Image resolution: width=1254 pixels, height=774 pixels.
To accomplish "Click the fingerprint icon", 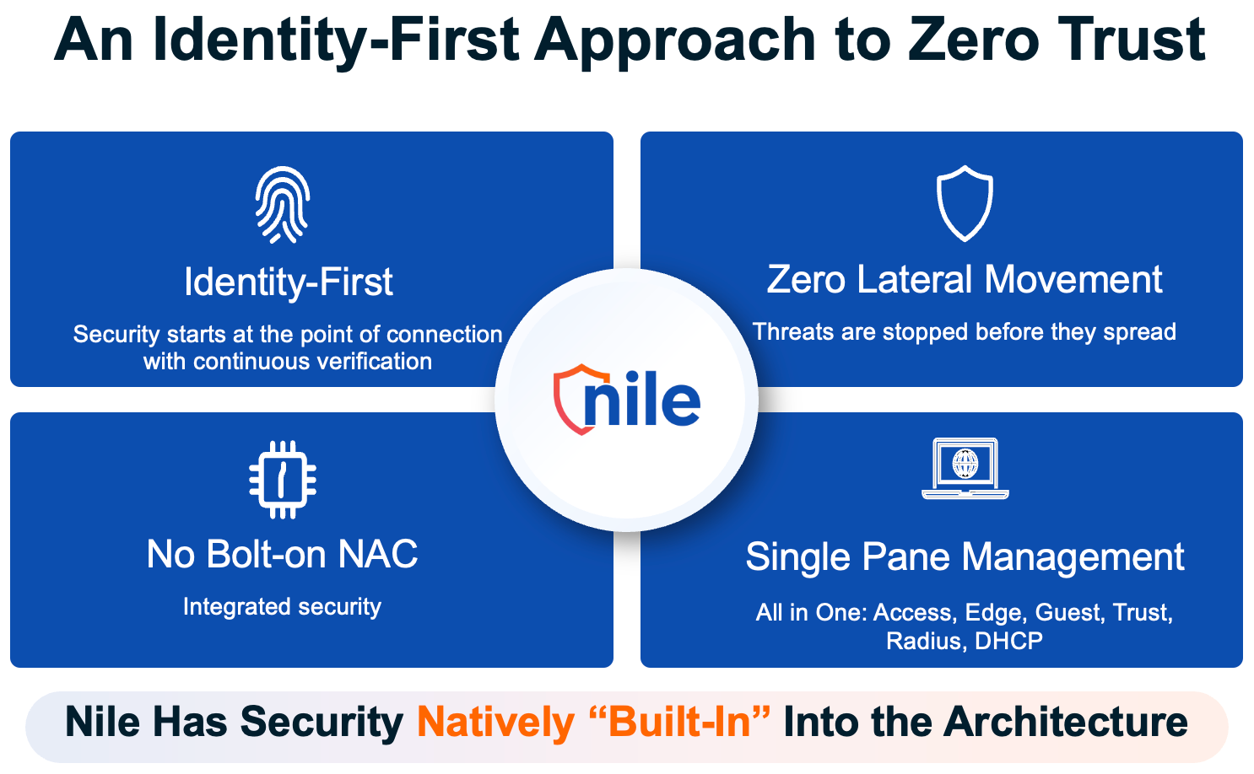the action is (283, 205).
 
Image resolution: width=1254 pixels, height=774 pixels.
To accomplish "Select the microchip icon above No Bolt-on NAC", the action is (283, 480).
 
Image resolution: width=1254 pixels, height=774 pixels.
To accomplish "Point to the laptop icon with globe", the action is (965, 469).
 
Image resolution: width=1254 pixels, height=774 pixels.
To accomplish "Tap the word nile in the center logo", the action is (641, 398).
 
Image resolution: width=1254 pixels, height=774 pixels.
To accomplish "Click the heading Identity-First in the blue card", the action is (289, 282).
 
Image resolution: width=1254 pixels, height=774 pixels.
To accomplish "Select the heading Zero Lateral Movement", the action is (965, 280).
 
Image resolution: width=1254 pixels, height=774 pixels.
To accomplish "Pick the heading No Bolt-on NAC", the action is (282, 555).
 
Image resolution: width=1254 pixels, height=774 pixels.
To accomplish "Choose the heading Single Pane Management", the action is (965, 557).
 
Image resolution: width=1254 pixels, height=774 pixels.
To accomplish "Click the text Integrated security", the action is (282, 607).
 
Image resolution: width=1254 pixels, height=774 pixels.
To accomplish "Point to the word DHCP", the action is (1008, 641).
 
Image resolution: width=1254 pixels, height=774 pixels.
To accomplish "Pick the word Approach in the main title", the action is (674, 42).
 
